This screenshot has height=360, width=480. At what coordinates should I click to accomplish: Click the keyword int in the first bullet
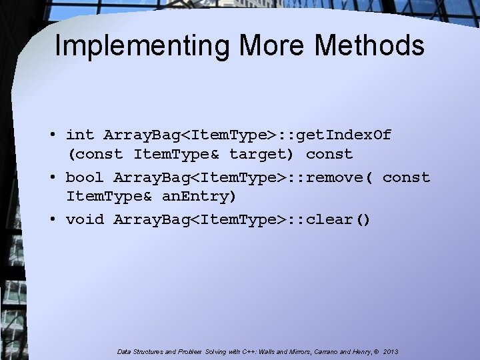click(80, 135)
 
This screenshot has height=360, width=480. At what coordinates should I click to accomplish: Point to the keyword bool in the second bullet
click(85, 178)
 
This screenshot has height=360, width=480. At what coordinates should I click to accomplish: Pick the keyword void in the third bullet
click(85, 219)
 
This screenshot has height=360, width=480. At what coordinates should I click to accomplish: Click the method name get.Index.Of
click(344, 135)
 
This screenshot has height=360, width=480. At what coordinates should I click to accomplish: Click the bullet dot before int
click(51, 135)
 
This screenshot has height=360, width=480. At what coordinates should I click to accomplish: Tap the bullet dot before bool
click(51, 178)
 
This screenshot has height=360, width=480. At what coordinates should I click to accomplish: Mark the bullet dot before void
click(51, 219)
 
